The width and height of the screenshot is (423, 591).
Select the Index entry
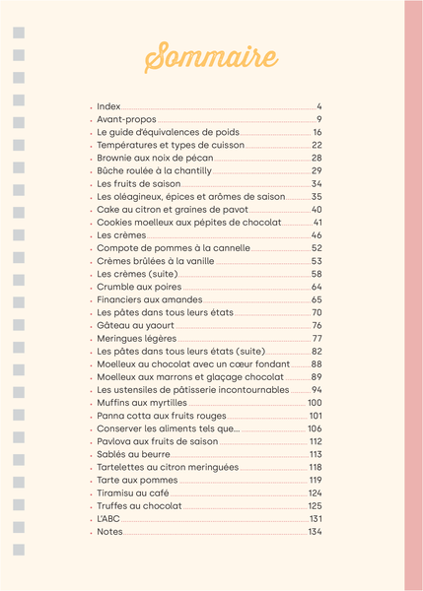108,105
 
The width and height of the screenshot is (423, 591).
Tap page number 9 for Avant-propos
319,118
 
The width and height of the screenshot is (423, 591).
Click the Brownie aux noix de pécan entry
155,158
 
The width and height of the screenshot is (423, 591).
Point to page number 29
317,170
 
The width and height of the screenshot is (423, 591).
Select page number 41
317,223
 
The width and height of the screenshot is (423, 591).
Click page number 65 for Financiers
317,299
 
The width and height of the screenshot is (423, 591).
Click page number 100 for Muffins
315,402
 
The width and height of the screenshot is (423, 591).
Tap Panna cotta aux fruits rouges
162,416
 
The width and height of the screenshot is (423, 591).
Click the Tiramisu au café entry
134,492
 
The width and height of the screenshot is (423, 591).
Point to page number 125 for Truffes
315,505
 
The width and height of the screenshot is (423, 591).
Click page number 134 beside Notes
315,532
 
